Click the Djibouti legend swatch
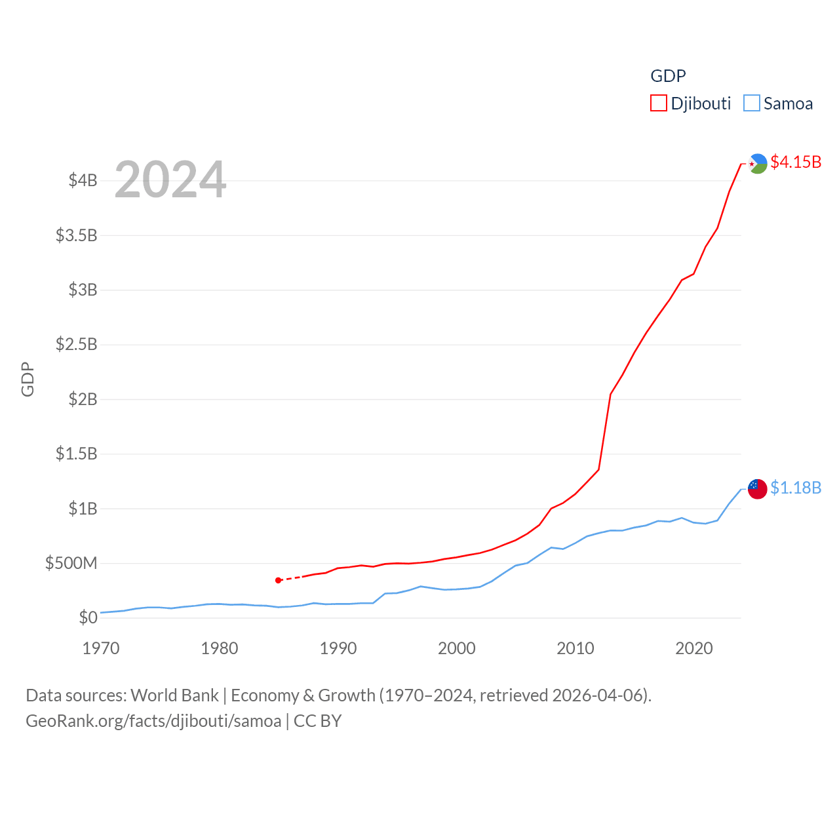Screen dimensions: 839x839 658,104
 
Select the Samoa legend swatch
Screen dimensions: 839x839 752,104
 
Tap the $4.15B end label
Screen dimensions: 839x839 796,162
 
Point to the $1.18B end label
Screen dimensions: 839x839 796,488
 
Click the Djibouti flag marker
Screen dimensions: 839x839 758,163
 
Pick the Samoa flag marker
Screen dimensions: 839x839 758,489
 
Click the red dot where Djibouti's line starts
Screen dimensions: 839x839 279,580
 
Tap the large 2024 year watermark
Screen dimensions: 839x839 170,180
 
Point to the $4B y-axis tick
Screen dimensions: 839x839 83,180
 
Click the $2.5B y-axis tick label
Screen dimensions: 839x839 77,344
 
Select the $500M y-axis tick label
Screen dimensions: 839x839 71,563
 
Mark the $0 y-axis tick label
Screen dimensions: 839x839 88,617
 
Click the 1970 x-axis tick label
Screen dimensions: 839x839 101,649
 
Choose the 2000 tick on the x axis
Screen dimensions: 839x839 457,649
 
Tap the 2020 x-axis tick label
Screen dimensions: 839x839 694,649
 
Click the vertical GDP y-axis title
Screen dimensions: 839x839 28,379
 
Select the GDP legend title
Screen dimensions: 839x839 668,76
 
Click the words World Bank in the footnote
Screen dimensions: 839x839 174,695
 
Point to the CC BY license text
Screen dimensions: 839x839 318,721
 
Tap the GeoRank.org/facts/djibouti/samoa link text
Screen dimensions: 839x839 153,721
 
